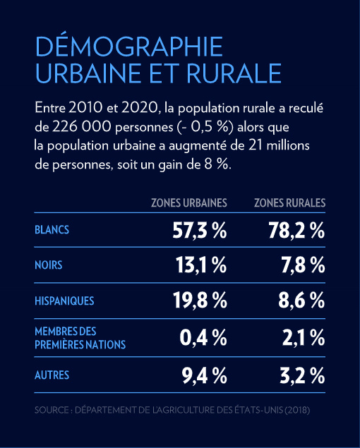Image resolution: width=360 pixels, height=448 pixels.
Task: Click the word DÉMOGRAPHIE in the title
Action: pyautogui.click(x=129, y=46)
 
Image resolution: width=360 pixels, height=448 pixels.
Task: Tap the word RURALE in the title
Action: pyautogui.click(x=234, y=73)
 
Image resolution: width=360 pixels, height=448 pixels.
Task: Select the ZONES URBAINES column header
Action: pyautogui.click(x=189, y=203)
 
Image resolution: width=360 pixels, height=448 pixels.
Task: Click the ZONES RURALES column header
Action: pyautogui.click(x=289, y=203)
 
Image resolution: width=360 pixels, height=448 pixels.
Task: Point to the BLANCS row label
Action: pyautogui.click(x=52, y=230)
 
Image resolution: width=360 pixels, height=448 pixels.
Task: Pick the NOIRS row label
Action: pyautogui.click(x=48, y=265)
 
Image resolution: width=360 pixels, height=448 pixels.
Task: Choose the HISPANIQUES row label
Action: pyautogui.click(x=64, y=301)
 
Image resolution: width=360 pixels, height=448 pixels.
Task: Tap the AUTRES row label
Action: pyautogui.click(x=52, y=375)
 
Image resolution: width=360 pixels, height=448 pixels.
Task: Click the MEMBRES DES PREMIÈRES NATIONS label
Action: pyautogui.click(x=80, y=338)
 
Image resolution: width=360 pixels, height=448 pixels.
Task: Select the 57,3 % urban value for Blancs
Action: pyautogui.click(x=200, y=230)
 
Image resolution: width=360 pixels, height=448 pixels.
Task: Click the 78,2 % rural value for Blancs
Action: pyautogui.click(x=296, y=230)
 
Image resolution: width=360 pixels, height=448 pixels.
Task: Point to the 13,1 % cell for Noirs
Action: pyautogui.click(x=201, y=265)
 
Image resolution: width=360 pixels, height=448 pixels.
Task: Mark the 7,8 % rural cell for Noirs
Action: pyautogui.click(x=304, y=265)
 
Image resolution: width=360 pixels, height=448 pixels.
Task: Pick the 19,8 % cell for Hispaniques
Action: pyautogui.click(x=200, y=301)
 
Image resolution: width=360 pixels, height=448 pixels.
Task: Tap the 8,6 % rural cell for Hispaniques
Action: pyautogui.click(x=301, y=301)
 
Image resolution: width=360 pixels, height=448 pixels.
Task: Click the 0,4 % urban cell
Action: pyautogui.click(x=203, y=337)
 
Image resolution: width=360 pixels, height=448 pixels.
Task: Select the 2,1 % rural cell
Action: pyautogui.click(x=304, y=337)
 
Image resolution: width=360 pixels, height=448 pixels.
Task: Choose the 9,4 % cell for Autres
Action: pyautogui.click(x=205, y=376)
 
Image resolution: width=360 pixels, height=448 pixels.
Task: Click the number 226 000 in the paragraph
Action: pyautogui.click(x=81, y=127)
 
